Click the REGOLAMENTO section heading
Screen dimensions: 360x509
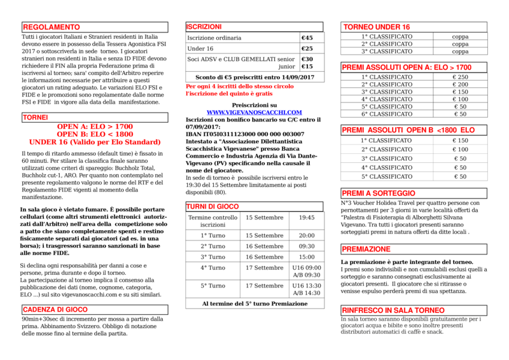tap(52, 27)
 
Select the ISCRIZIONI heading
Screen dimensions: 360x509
tap(204, 27)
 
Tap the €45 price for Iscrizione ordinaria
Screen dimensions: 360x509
tap(307, 38)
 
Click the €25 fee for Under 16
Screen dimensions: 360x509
tap(307, 49)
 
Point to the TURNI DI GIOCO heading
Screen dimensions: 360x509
tap(213, 207)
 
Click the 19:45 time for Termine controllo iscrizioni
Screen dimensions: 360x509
tap(307, 218)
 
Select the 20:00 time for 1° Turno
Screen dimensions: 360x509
tap(307, 235)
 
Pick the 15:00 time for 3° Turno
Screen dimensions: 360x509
tap(307, 257)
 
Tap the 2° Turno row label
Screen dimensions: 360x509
tap(213, 246)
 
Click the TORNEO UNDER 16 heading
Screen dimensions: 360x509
tap(376, 27)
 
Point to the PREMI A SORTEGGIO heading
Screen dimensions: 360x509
tap(379, 193)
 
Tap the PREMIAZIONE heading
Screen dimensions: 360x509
tap(366, 249)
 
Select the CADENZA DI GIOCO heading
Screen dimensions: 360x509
tap(55, 310)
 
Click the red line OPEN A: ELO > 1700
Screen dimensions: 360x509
tap(95, 127)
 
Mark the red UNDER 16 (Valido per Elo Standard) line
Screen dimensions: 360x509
tap(95, 142)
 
